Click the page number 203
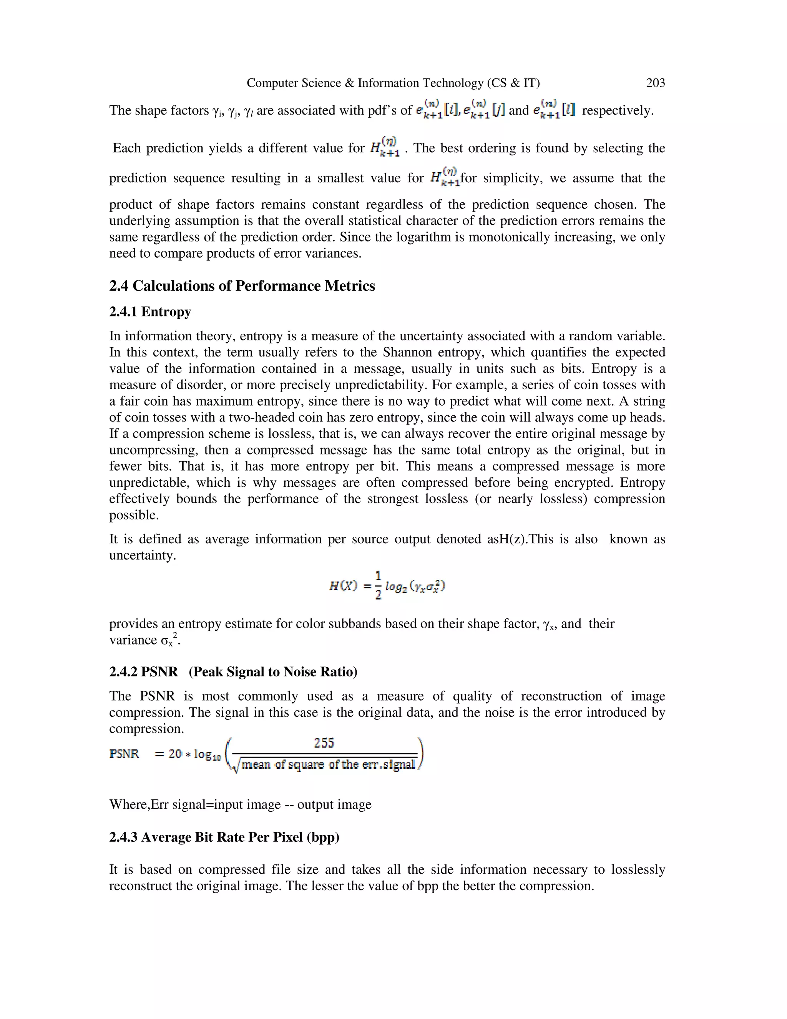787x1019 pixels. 655,83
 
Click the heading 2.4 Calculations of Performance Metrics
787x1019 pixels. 242,286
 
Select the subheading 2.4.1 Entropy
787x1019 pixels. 150,312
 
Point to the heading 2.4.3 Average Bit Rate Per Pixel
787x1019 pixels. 224,837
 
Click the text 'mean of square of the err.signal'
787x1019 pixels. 328,765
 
